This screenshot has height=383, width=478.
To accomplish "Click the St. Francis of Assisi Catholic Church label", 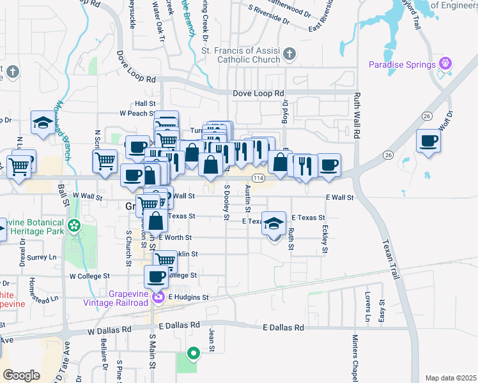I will pos(240,55).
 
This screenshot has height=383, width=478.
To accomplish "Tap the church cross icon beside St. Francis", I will pos(289,54).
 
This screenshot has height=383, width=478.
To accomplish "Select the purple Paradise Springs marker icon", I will pos(445,64).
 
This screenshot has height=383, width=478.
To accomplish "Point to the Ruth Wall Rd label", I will pos(358,115).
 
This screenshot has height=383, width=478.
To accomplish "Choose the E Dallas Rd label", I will pos(284,327).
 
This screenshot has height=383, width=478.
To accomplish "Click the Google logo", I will pos(21,375).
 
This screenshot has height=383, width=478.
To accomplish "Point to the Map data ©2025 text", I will pos(451,378).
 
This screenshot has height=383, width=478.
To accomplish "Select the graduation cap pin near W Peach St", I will pos(43,123).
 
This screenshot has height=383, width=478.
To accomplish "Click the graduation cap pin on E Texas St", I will pos(274,223).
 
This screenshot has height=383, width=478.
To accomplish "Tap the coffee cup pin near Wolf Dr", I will pos(428,140).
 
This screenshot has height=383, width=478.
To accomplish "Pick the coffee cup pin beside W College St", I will pos(156,277).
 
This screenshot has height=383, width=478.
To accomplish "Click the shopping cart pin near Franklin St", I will pos(166,260).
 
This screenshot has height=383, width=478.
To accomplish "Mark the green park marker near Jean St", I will pos(193,353).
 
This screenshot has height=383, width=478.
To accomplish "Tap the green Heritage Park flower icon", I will pos(75,225).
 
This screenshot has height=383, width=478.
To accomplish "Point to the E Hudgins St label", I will pos(189,297).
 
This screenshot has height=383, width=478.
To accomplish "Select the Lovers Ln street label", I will pos(368,308).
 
